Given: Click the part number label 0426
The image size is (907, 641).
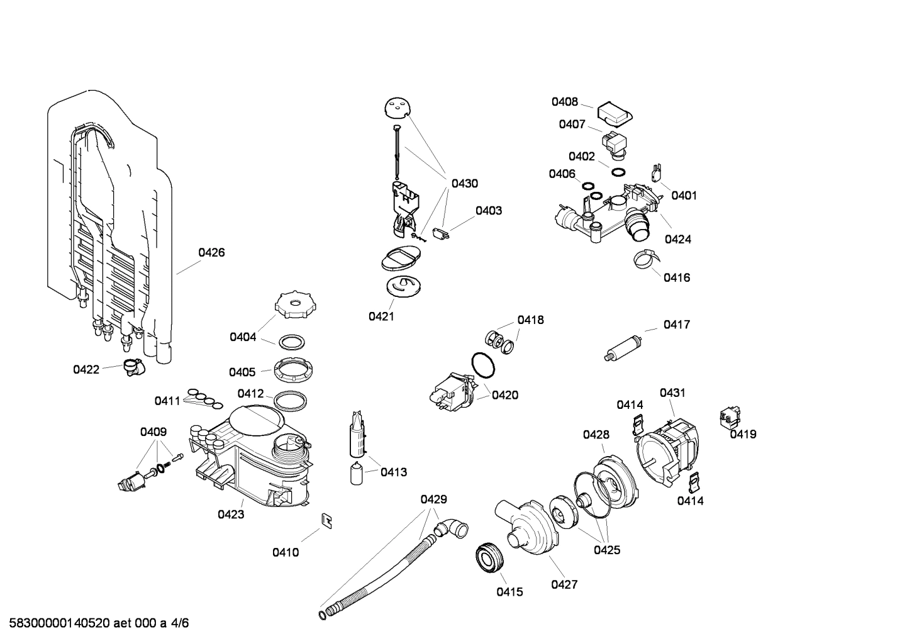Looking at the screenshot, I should tap(211, 253).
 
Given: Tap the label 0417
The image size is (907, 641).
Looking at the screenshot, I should tap(676, 325).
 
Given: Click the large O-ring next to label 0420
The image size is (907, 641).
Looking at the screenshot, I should tap(482, 365).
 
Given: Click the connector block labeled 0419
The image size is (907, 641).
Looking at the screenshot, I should tap(730, 418).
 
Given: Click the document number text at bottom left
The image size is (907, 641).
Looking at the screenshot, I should tap(95, 623).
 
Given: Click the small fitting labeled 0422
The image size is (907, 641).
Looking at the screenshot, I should tap(132, 366).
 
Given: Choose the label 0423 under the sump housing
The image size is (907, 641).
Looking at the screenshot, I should tap(231, 515).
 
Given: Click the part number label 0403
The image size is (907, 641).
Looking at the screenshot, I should tap(488, 211).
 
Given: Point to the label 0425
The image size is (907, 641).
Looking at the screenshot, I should tap(606, 550).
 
